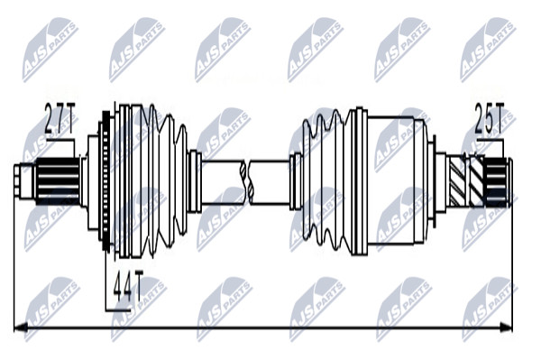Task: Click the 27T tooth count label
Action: pos(60,119)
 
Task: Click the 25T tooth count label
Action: pos(490,118)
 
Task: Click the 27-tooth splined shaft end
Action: pos(58,180)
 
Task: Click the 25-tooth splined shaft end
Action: pos(497,182)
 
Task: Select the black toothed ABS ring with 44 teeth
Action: pos(106,180)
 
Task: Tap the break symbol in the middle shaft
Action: pos(247,182)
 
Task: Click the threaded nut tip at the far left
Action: pos(24,181)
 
